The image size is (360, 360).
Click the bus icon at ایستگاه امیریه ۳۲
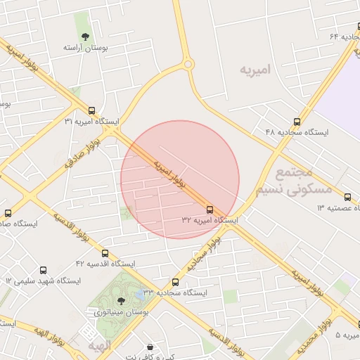point(210,210)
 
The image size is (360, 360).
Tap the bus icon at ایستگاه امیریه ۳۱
point(92,110)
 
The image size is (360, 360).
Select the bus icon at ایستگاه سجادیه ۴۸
point(297,121)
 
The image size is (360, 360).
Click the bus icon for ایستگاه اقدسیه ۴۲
point(105,253)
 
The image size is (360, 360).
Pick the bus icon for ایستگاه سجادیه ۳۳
point(175,282)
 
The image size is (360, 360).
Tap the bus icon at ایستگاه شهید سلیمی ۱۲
point(44,270)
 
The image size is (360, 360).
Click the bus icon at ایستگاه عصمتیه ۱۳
point(347,197)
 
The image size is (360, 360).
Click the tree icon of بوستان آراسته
point(85,36)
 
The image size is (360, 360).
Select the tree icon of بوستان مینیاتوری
point(121,300)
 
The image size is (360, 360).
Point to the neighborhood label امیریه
point(255,70)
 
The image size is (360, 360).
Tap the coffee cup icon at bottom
point(150,347)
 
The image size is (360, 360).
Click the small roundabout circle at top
point(188,65)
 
